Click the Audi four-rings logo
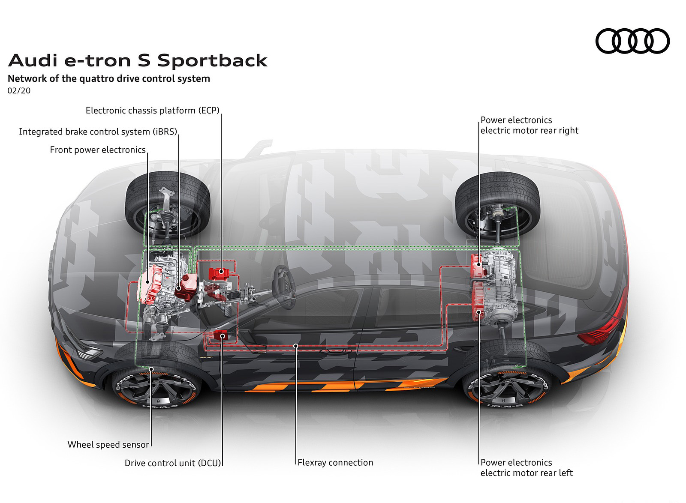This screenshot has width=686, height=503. click(632, 41)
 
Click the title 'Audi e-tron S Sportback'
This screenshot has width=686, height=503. click(138, 60)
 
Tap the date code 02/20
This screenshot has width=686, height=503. click(19, 91)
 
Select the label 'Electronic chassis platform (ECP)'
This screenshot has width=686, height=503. click(152, 111)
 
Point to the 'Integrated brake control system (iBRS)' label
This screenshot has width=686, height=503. click(98, 132)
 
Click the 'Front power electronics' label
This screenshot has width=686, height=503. click(98, 150)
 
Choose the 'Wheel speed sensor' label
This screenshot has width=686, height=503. click(108, 444)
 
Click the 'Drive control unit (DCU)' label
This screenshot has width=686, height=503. click(172, 463)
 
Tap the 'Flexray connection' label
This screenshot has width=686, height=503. click(336, 462)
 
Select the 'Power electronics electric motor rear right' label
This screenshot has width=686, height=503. click(529, 125)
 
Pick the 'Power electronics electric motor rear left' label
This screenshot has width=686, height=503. click(527, 467)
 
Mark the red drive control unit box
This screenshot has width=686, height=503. click(221, 336)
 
